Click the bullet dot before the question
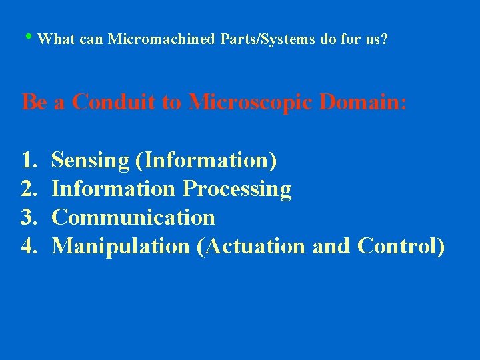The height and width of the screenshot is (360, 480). tap(33, 37)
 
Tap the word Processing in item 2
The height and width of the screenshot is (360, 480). tap(237, 189)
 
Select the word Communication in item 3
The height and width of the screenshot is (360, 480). tap(133, 218)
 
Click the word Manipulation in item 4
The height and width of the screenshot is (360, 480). tap(121, 247)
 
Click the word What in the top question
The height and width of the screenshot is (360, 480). tap(57, 39)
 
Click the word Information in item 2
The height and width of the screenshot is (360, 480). tap(113, 189)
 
